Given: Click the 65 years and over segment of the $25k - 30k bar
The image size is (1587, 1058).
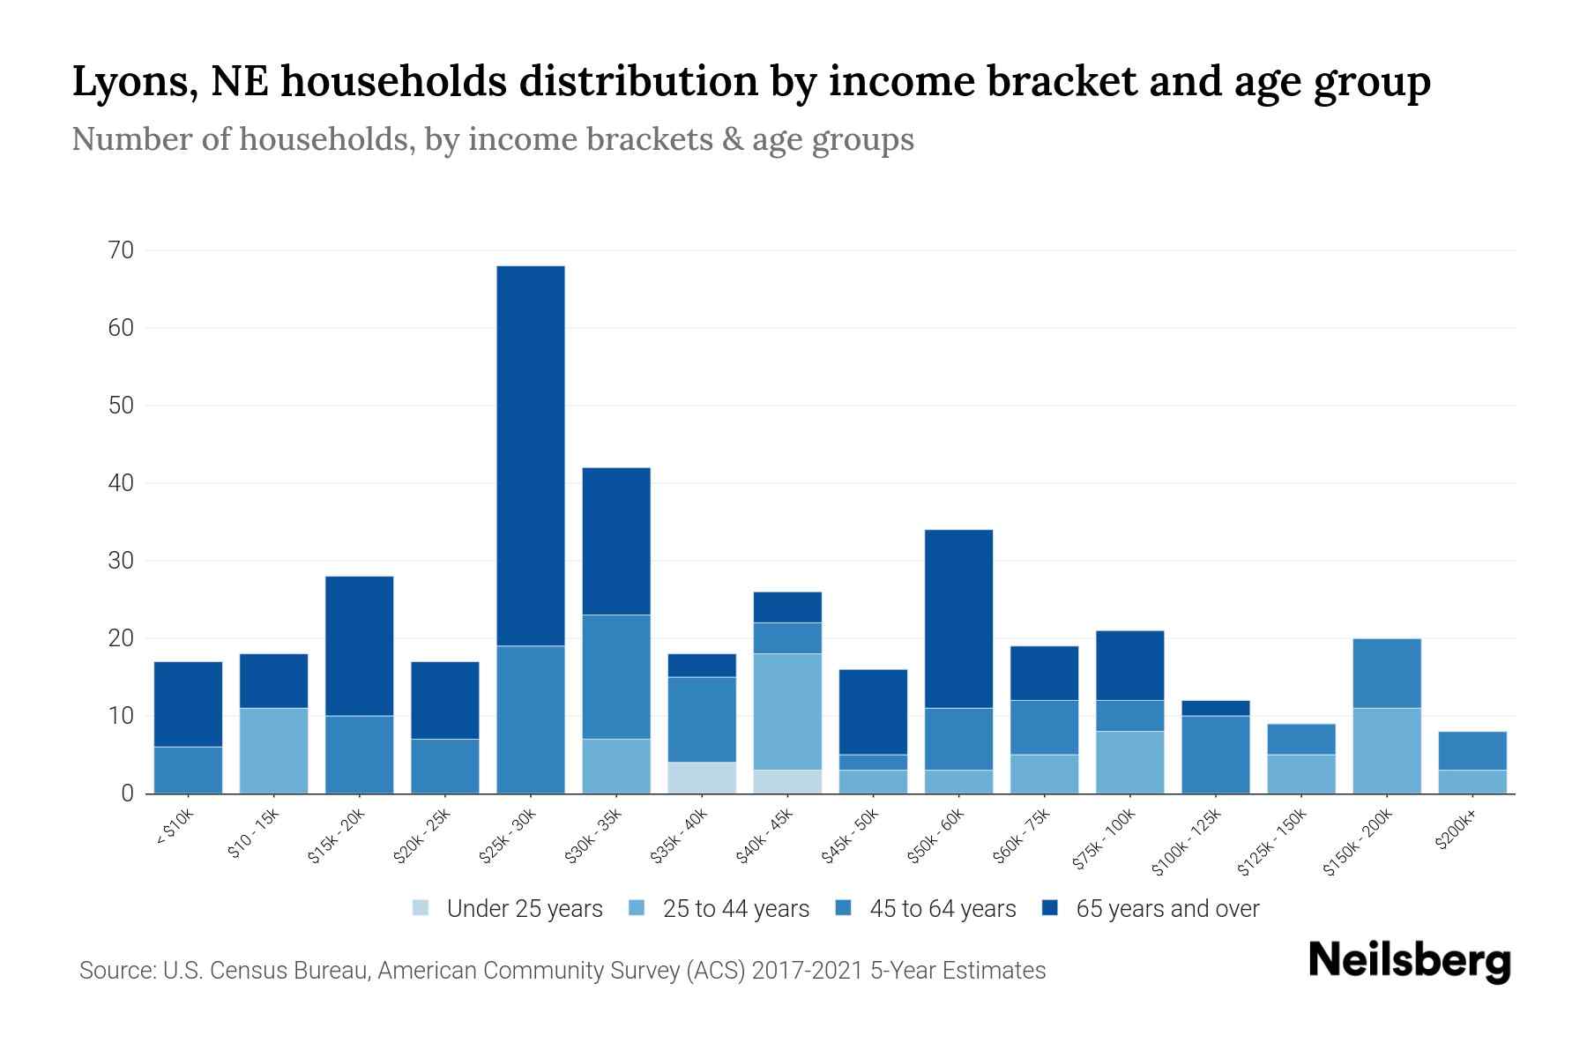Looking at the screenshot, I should pyautogui.click(x=531, y=456).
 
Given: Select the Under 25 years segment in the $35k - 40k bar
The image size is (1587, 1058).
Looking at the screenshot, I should pyautogui.click(x=702, y=778).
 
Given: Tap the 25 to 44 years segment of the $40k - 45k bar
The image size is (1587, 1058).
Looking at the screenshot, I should pyautogui.click(x=787, y=712).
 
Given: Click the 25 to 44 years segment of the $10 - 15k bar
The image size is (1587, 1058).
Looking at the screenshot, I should pyautogui.click(x=273, y=750).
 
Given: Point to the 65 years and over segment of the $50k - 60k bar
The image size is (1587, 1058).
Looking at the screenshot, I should pyautogui.click(x=958, y=619).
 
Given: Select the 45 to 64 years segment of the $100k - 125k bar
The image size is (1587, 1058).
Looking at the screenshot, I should pyautogui.click(x=1216, y=754).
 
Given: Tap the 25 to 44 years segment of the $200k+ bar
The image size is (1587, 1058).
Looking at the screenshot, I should pyautogui.click(x=1472, y=781).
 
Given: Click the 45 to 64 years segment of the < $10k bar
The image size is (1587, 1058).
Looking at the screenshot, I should pyautogui.click(x=188, y=770).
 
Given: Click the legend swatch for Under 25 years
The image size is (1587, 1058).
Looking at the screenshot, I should pyautogui.click(x=421, y=908).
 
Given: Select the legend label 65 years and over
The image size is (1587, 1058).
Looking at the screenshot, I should pyautogui.click(x=1167, y=909).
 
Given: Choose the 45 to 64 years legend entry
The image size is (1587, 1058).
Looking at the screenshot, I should pyautogui.click(x=943, y=909).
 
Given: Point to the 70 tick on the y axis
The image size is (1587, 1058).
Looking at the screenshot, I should pyautogui.click(x=122, y=251).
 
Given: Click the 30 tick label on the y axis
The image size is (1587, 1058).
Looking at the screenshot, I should pyautogui.click(x=122, y=561).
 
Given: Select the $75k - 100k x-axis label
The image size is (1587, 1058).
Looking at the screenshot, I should pyautogui.click(x=1104, y=842).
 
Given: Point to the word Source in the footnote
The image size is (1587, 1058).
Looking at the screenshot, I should pyautogui.click(x=115, y=971).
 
